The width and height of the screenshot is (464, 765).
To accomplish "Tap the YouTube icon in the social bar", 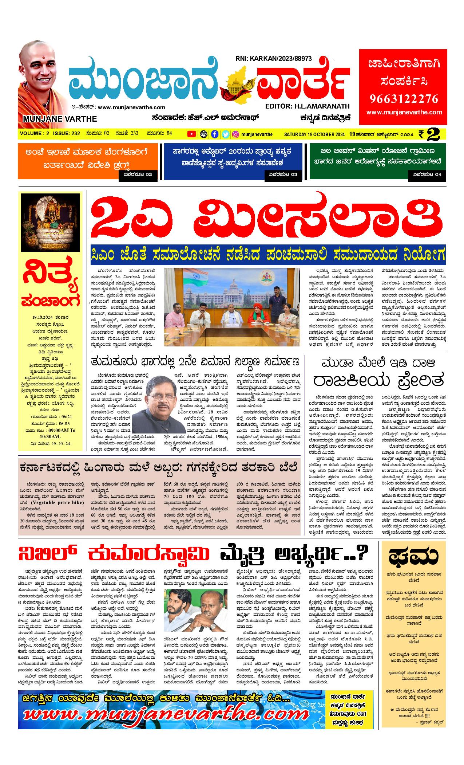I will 191,134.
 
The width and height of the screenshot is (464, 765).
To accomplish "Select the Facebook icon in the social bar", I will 215,134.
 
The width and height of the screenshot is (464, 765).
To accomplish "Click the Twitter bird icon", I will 225,134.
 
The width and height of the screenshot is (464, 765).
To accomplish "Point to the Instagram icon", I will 235,134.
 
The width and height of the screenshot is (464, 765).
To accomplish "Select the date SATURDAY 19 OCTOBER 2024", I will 314,134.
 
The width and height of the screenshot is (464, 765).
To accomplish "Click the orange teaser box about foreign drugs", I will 88,161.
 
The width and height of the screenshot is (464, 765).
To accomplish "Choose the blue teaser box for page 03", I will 233,161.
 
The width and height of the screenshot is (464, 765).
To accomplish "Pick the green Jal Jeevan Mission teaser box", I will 377,161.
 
